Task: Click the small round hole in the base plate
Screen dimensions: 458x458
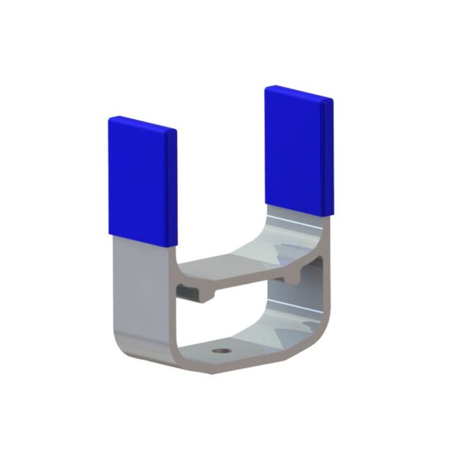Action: coord(221,352)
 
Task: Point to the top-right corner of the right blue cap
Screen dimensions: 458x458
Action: coord(332,100)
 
